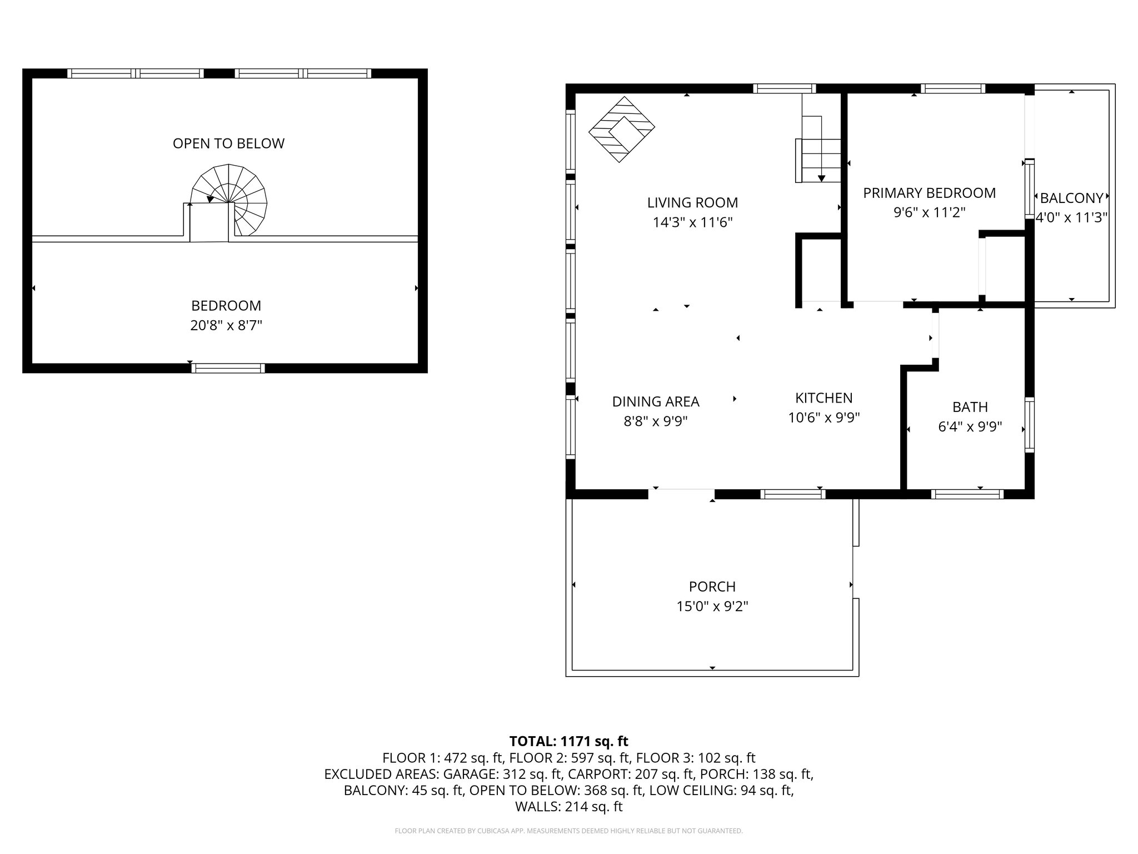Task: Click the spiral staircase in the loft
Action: point(229,200)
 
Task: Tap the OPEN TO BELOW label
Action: point(228,143)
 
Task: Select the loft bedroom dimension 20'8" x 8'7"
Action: point(226,325)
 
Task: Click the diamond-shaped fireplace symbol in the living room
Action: point(622,130)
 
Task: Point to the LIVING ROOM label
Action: point(692,202)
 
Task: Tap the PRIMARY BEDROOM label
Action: point(929,193)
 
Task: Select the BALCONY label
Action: point(1071,198)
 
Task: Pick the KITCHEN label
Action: point(823,398)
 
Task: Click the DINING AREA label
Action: point(656,401)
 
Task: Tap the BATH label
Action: point(970,407)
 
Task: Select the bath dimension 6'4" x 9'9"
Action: point(970,426)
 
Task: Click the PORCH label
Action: point(712,587)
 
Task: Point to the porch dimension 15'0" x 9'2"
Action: point(712,606)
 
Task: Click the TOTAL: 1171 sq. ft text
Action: point(568,741)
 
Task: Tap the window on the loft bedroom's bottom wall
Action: point(228,368)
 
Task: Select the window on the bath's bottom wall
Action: point(967,494)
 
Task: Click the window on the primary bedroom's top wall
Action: point(953,88)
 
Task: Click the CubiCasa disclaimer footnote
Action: point(568,831)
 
